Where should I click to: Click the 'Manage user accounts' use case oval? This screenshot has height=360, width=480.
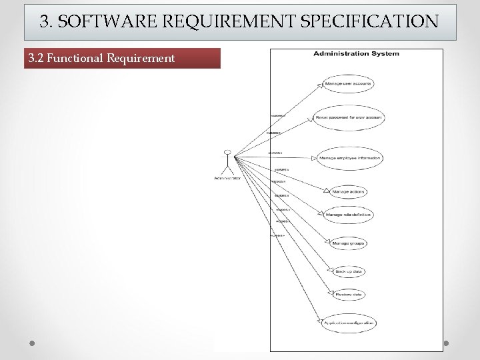[x=347, y=84]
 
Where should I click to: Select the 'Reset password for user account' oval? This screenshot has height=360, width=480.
[x=349, y=117]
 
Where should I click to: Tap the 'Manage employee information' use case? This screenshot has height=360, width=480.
[x=349, y=158]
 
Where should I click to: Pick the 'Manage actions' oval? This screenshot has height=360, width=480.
[x=349, y=192]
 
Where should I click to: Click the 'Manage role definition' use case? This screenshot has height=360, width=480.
[x=349, y=215]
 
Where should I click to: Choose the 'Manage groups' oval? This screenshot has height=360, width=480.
[x=349, y=243]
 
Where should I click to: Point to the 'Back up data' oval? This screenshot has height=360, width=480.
[x=349, y=271]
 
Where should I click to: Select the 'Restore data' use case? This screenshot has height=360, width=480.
[x=349, y=294]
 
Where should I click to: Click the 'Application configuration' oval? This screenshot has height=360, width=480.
[x=349, y=323]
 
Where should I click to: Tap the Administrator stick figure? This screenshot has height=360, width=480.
[x=228, y=161]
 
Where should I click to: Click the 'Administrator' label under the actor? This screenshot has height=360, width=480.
[x=228, y=178]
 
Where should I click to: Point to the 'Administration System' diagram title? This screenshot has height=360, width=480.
[x=356, y=53]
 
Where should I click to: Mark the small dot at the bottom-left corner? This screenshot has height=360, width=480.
[x=31, y=343]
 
